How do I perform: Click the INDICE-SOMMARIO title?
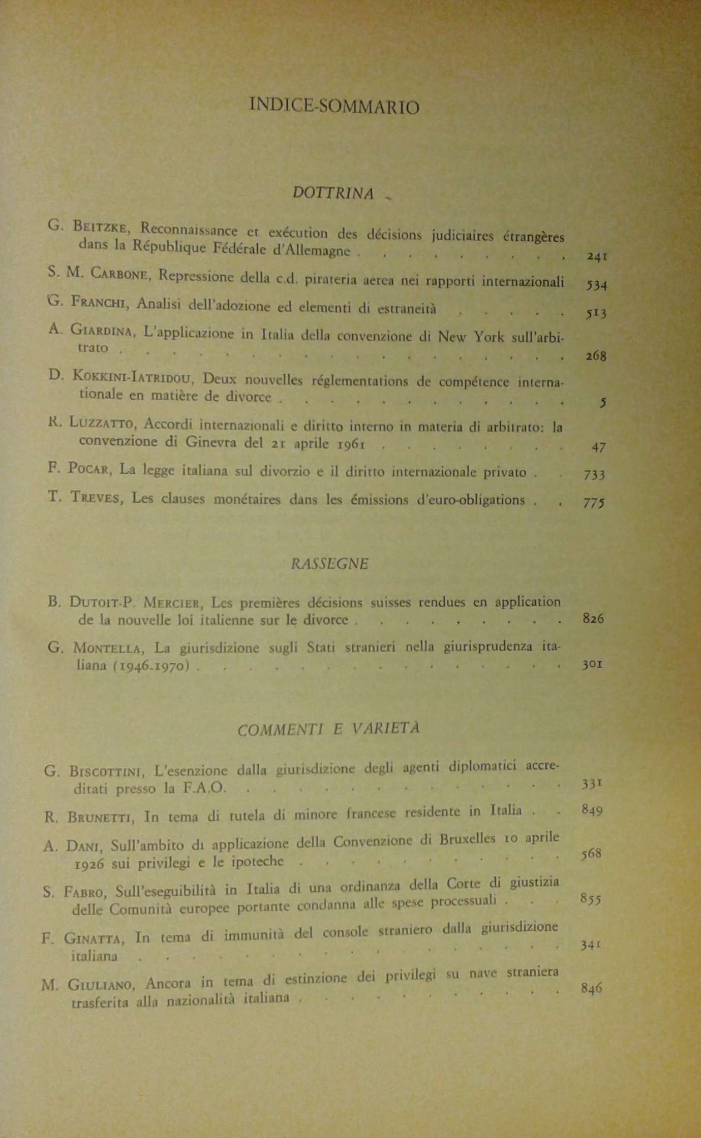(x=334, y=106)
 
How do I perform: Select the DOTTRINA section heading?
(x=333, y=193)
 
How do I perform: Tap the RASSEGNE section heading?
(x=329, y=564)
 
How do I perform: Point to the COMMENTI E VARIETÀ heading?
(x=329, y=729)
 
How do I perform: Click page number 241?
(x=597, y=257)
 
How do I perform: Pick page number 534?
(x=596, y=285)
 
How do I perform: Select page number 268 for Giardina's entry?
(x=596, y=356)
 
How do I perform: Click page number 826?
(x=593, y=619)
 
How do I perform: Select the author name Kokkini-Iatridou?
(x=134, y=376)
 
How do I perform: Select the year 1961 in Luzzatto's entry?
(x=351, y=443)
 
